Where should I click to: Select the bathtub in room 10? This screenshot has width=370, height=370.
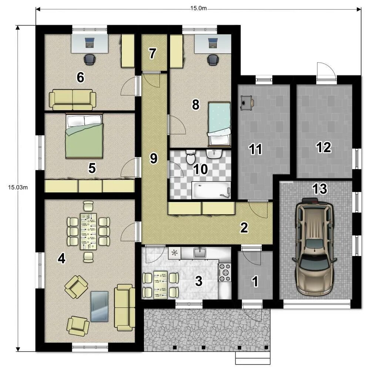tap(211, 190)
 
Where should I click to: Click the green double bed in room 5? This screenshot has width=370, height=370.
tap(84, 136)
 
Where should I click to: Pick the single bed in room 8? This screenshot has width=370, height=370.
tap(219, 124)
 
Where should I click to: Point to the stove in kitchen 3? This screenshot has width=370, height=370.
tap(225, 272)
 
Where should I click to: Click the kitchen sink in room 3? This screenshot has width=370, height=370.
tap(200, 252)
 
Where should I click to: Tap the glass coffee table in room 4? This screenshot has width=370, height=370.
tap(100, 306)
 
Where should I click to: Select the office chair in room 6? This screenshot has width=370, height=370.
tap(90, 59)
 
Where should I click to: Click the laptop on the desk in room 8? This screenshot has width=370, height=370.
tap(213, 43)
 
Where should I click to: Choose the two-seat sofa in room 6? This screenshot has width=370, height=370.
tap(73, 100)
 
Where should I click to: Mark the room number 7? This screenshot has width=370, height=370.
tap(152, 53)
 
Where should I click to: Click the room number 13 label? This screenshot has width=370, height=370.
tap(320, 189)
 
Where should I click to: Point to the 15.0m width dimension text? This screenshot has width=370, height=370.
tap(198, 8)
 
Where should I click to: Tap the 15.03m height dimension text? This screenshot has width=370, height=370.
tap(18, 187)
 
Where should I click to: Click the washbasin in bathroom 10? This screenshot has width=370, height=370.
tap(214, 154)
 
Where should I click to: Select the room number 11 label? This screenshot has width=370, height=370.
tap(256, 149)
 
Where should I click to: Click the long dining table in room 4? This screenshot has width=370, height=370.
tap(88, 231)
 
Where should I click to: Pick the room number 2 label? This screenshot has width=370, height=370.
tap(244, 228)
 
